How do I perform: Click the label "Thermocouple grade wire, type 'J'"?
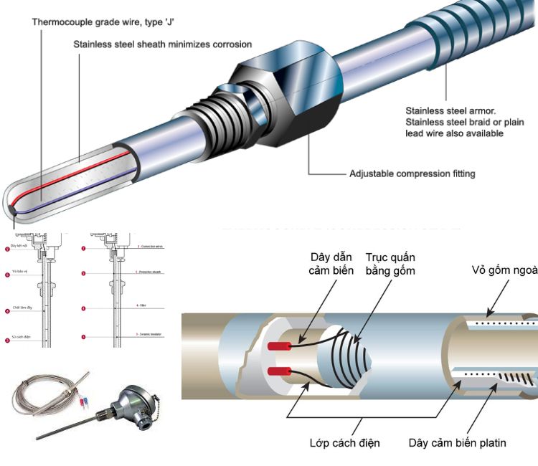98,22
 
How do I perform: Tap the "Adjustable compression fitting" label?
412,173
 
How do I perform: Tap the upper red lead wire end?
278,346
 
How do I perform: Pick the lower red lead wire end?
278,372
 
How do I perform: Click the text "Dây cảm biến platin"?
458,443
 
